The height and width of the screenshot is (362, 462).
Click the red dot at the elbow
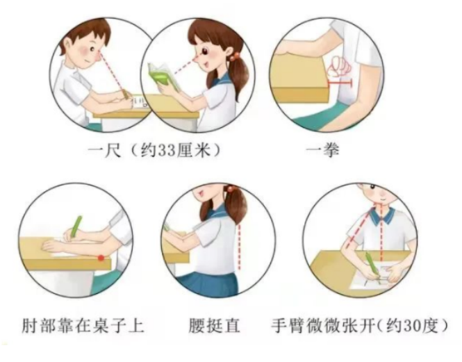point(101,258)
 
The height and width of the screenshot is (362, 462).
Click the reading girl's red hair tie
point(236,55)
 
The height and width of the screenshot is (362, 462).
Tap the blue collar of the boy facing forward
point(381,217)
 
